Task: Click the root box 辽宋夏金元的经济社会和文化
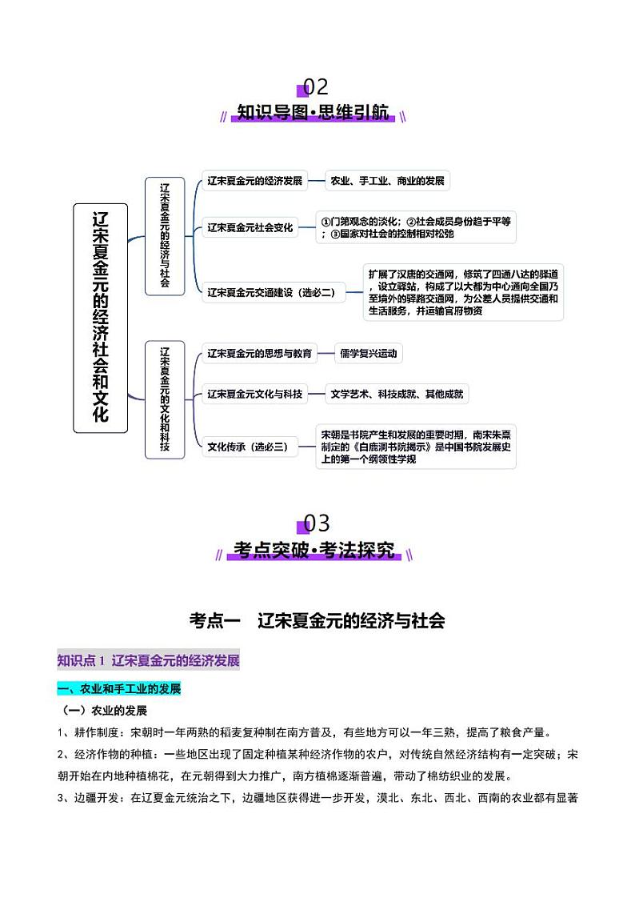(x=101, y=318)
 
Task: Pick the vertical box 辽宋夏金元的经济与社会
(x=164, y=235)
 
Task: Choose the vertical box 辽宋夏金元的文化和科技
(x=164, y=399)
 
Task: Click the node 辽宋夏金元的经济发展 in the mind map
(x=254, y=181)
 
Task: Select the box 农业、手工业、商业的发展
(x=388, y=181)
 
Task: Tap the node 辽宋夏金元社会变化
(x=250, y=227)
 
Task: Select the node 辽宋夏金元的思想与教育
(x=259, y=353)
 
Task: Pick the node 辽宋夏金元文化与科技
(x=254, y=394)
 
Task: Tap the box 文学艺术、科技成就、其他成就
(x=397, y=394)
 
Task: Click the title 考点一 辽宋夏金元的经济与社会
(x=317, y=619)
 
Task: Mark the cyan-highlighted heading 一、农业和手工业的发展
(x=119, y=688)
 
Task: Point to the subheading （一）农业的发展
(x=106, y=711)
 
